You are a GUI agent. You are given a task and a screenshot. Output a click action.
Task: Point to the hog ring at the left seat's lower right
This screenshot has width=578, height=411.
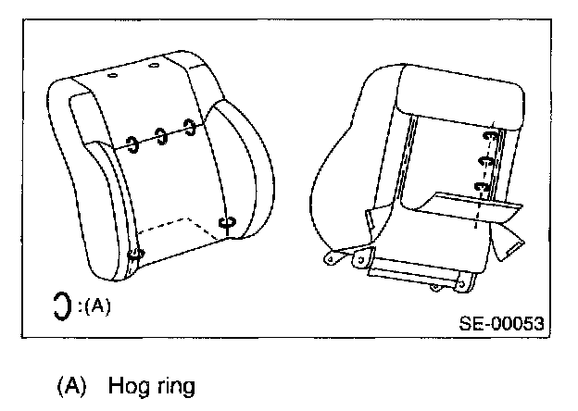coord(227,223)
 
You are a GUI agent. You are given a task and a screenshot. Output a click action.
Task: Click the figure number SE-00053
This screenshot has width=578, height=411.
coord(500,324)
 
